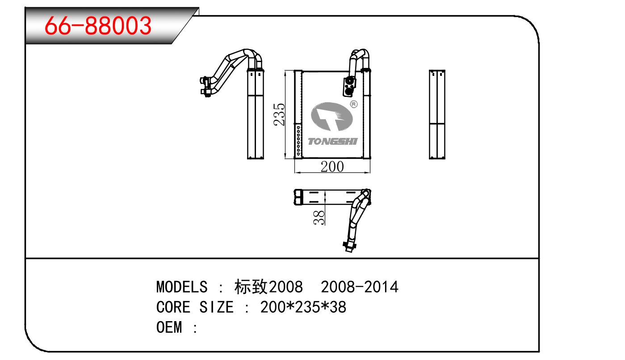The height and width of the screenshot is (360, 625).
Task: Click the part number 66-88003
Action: (98, 26)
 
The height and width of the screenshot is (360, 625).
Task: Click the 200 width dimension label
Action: (332, 167)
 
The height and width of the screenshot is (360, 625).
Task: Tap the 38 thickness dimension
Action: (319, 218)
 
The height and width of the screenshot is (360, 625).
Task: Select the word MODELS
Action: (182, 286)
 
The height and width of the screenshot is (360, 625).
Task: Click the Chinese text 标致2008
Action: (268, 286)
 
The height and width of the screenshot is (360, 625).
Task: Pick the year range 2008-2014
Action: (360, 286)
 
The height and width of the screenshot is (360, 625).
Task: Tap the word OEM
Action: (170, 328)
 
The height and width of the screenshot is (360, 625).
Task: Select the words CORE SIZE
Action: (195, 307)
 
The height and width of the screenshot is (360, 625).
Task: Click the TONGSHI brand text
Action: (333, 142)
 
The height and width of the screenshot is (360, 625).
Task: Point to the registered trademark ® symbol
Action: (354, 104)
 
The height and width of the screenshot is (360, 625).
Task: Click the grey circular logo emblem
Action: (332, 118)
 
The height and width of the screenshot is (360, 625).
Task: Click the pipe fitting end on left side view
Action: (206, 86)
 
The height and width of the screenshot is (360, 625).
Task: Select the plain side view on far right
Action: (437, 114)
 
